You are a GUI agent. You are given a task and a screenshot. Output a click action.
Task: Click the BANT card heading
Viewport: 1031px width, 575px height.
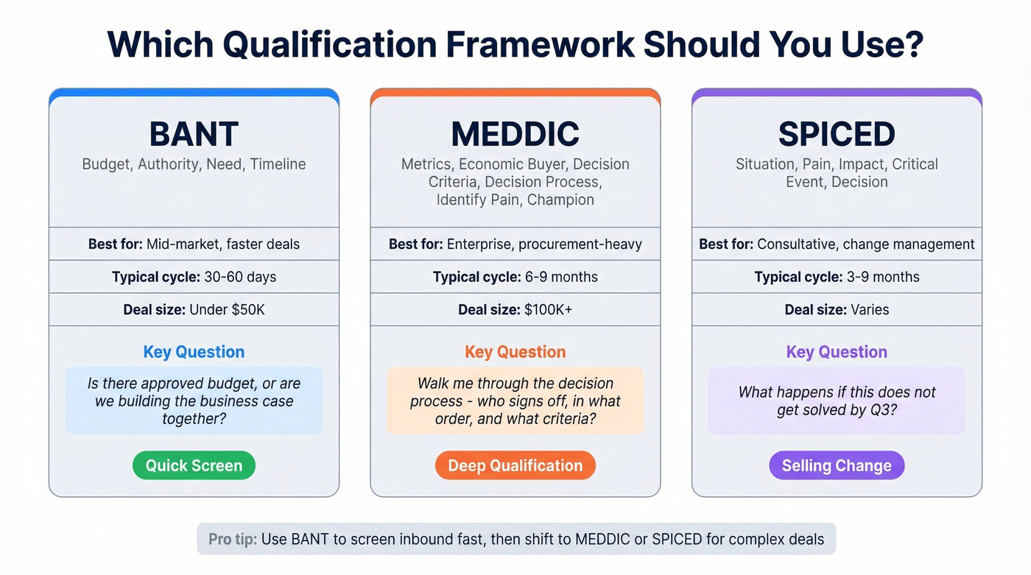click(x=194, y=135)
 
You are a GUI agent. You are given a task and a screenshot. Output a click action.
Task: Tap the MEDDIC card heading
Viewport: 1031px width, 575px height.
click(x=515, y=135)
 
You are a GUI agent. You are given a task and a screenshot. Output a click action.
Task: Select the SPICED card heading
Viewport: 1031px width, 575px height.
click(x=837, y=135)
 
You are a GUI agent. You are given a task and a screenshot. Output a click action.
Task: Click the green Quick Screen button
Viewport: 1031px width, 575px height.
click(x=194, y=465)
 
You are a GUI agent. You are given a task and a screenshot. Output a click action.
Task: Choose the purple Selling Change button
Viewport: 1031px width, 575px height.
click(x=837, y=465)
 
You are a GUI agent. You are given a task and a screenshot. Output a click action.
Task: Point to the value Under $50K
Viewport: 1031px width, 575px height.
click(x=227, y=310)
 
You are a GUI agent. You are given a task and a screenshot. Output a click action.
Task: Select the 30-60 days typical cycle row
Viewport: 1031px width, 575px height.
click(x=194, y=278)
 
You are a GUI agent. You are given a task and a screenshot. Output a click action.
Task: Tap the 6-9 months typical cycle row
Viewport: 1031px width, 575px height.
click(x=515, y=278)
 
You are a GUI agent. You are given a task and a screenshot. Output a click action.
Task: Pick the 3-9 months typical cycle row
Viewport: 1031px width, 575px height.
click(x=837, y=278)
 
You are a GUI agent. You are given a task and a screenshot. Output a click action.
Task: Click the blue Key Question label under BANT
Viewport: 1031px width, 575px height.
click(x=194, y=352)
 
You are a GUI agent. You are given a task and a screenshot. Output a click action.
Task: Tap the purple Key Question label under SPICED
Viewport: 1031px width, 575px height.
click(x=837, y=352)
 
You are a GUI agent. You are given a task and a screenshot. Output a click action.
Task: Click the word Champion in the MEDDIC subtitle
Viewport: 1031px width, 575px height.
click(x=560, y=200)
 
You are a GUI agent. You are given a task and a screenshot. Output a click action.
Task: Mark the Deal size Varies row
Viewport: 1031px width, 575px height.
click(x=837, y=310)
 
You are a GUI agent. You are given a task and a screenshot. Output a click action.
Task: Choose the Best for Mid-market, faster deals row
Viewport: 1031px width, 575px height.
click(x=194, y=244)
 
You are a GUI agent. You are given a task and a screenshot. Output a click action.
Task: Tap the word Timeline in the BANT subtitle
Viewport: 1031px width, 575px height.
click(x=278, y=164)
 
